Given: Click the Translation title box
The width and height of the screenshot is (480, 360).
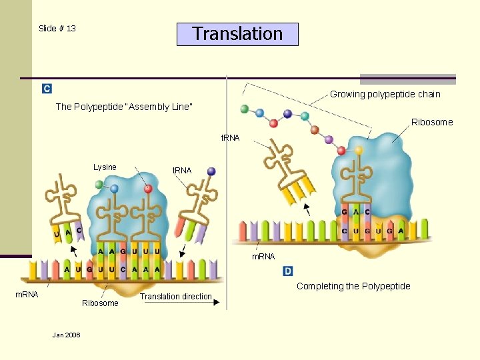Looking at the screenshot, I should [237, 34].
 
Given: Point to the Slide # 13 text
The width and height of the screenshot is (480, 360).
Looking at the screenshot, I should [57, 28].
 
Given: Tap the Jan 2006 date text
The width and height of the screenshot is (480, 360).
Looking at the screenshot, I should [66, 335].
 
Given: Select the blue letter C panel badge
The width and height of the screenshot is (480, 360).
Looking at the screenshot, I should [47, 89].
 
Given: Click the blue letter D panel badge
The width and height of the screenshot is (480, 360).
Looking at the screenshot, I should [288, 271].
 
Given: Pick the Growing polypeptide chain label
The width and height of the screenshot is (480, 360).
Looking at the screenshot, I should [385, 94].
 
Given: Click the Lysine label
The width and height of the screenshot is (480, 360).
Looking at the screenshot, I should [105, 167].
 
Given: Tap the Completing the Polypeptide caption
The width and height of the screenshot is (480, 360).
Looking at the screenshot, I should [353, 286].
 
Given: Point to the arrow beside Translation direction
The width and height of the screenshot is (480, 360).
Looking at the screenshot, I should [217, 302].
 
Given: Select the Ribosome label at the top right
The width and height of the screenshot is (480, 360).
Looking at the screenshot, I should [431, 122].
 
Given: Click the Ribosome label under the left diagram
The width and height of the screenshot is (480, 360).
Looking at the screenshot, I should [100, 303].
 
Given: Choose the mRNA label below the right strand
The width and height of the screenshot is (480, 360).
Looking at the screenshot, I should [263, 257].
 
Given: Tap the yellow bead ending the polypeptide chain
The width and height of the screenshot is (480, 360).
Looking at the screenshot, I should [359, 150].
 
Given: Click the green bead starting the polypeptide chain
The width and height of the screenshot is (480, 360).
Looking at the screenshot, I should [244, 109].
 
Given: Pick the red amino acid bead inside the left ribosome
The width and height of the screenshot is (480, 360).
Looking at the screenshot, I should [148, 189].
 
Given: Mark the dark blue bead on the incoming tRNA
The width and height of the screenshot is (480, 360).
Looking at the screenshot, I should [211, 171].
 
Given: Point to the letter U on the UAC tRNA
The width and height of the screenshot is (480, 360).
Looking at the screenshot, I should [57, 234].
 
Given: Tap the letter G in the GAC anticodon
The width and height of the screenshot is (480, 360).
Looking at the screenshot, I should [344, 213].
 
